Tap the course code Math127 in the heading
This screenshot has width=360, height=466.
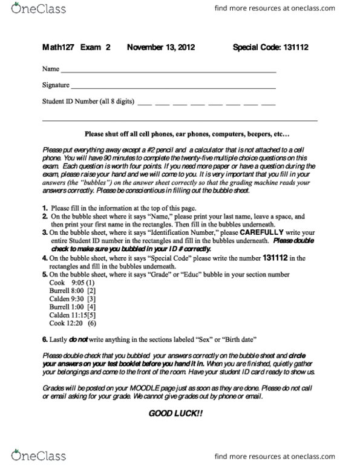(57, 47)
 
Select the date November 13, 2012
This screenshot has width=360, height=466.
(161, 47)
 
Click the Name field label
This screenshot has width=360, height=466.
(50, 69)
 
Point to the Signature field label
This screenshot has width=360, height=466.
(56, 85)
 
